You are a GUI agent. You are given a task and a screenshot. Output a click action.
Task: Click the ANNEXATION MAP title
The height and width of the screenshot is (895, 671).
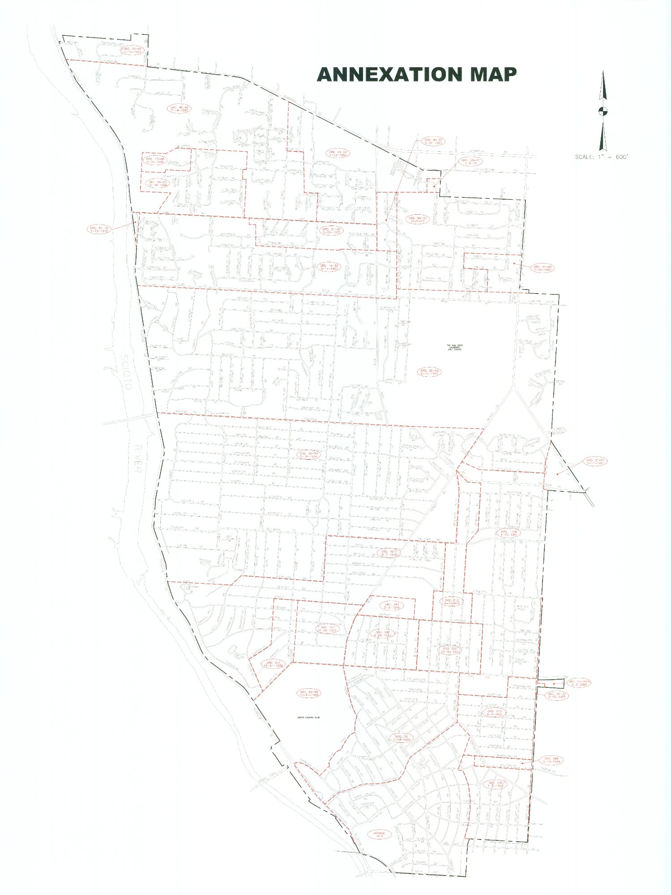tap(416, 74)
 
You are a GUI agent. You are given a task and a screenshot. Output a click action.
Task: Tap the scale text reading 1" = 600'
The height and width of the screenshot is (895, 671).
tap(602, 157)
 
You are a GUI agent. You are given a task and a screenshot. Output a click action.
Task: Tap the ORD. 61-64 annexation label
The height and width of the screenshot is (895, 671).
tap(338, 153)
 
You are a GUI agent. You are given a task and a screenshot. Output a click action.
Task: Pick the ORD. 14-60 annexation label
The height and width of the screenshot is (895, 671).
tap(329, 267)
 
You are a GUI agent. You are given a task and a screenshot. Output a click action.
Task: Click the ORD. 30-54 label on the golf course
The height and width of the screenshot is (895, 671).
tap(429, 372)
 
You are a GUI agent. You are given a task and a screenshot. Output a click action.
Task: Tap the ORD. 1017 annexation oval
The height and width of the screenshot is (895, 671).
tap(389, 553)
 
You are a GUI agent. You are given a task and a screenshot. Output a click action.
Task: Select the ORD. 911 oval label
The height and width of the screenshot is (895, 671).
tap(392, 606)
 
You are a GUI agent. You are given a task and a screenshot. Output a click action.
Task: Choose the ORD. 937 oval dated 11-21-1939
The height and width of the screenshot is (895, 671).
tap(273, 664)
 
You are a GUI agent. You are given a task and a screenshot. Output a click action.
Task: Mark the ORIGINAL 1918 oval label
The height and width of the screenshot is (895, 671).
tap(379, 834)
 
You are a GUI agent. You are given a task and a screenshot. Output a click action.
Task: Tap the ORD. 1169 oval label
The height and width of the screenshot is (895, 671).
tap(509, 533)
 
